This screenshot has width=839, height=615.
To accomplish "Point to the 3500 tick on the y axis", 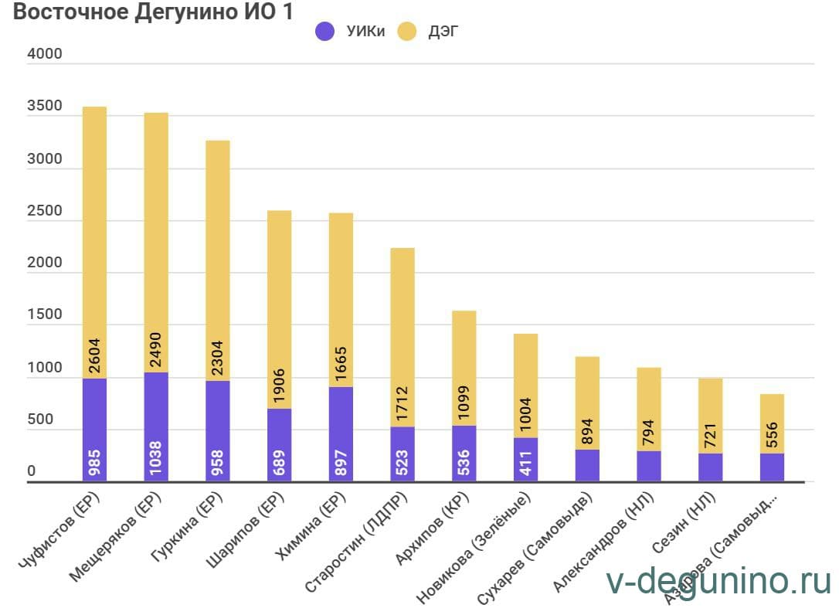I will click(43, 107).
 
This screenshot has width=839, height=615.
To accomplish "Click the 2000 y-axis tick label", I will click(43, 263).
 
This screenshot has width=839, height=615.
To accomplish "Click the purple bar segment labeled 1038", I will click(156, 427).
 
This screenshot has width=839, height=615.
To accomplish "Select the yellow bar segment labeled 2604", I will click(94, 242).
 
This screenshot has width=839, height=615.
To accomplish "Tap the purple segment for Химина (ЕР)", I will click(341, 434).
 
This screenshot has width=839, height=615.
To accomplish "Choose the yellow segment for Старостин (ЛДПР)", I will click(403, 337).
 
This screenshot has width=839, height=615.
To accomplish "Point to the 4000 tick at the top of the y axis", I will click(43, 56).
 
